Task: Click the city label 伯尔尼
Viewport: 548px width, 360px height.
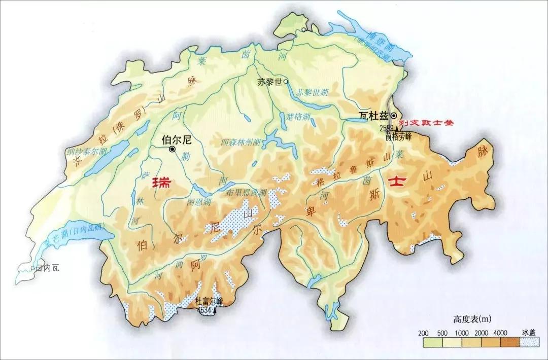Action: [x=176, y=138]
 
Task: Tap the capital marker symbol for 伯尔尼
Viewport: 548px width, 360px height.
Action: [x=173, y=150]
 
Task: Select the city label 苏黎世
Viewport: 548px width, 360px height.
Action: [x=269, y=81]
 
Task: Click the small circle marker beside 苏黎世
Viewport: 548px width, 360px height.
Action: [x=286, y=81]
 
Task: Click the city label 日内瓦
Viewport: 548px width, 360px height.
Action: [x=47, y=268]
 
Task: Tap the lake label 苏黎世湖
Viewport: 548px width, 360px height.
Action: [x=313, y=93]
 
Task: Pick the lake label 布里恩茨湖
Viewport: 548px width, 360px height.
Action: [x=246, y=193]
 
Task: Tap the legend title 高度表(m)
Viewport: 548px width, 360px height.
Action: [x=472, y=319]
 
